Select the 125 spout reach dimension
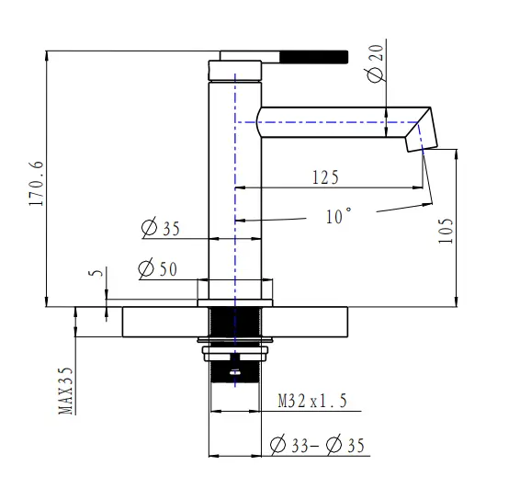[x=324, y=176]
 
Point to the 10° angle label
[x=338, y=217]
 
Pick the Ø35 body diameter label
[x=162, y=229]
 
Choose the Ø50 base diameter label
[x=157, y=268]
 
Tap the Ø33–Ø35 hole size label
[x=318, y=446]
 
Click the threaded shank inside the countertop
[x=236, y=323]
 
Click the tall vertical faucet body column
[x=236, y=184]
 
